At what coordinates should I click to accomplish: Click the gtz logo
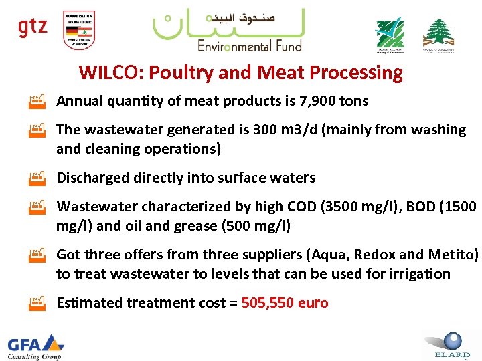pos(32,27)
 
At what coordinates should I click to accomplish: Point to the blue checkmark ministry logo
pos(389,34)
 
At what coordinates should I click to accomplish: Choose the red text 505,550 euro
pos(285,303)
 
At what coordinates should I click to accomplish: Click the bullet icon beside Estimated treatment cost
pos(36,304)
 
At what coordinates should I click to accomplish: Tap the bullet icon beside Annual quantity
pos(36,102)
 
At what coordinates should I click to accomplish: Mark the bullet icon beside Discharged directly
pos(36,179)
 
